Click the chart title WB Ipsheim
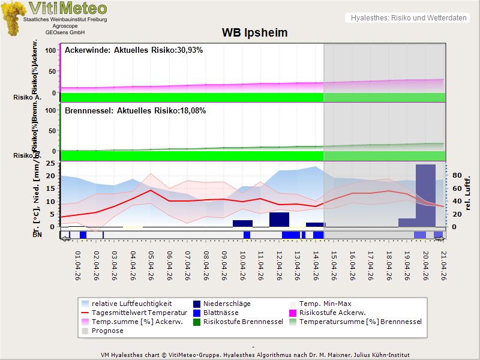coord(254,33)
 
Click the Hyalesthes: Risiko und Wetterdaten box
coord(408,18)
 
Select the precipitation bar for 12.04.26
coord(279,219)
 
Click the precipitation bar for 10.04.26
coord(242,223)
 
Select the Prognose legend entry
coord(107,331)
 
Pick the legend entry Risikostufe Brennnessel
coord(243,322)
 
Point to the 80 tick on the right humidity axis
coord(455,176)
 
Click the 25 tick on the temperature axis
coord(51,163)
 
